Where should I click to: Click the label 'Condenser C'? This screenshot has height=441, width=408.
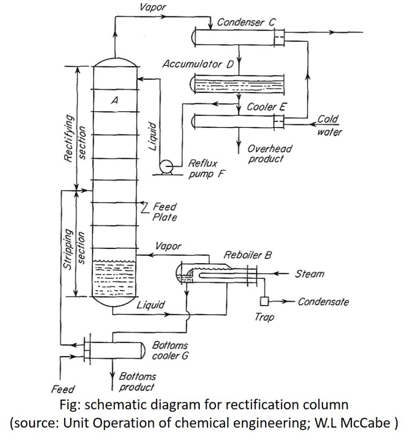[x=244, y=22]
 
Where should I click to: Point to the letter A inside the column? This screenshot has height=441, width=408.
[x=114, y=100]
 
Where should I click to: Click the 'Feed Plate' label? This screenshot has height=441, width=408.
[x=164, y=212]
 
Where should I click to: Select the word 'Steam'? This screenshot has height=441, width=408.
[x=309, y=274]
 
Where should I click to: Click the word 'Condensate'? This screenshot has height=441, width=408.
[x=323, y=302]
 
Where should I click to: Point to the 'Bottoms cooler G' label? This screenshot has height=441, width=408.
[x=170, y=351]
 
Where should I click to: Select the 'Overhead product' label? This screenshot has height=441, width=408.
[x=269, y=153]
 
